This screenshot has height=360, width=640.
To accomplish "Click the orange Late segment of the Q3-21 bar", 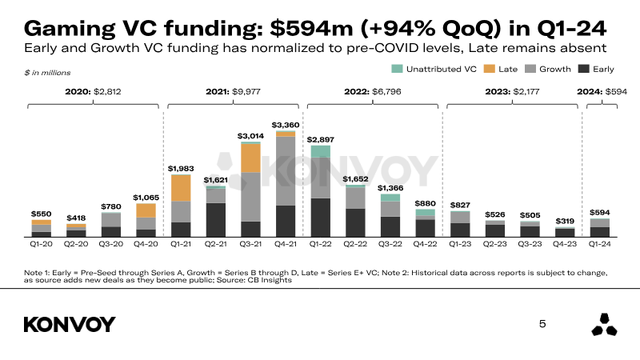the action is pos(250,158).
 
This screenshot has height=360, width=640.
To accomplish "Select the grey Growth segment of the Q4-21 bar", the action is pos(286,171).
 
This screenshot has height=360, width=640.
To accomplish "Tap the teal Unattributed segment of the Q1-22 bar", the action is pos(321,151).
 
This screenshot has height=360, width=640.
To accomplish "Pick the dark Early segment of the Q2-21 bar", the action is pos(215,220).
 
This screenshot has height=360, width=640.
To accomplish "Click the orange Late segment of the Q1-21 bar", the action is pos(181,188).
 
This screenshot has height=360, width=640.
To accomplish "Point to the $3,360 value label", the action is pos(286,125).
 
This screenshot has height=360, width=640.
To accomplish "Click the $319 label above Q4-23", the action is pos(565,221).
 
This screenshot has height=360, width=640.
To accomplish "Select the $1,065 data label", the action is pos(146,198).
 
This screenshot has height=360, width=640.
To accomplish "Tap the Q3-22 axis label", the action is pos(390,244).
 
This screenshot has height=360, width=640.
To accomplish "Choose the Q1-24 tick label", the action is pos(599,244).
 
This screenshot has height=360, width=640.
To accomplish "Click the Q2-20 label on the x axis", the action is pos(76,244).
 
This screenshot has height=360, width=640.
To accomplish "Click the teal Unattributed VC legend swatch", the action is pos(397,69).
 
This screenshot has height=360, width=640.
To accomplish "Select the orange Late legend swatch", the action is pos(489,69).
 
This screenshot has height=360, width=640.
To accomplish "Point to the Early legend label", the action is pos(603,70).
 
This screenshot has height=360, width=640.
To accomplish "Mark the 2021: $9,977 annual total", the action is pos(233,92).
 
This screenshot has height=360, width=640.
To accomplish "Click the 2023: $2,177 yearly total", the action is pos(512,92).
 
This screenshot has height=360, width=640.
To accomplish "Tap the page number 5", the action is pos(542,324).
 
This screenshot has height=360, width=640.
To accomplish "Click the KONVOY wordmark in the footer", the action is pos(70,325).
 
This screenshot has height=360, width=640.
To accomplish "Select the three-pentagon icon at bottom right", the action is pos(604,325).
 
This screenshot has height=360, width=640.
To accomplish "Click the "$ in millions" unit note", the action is pos(47,73).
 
